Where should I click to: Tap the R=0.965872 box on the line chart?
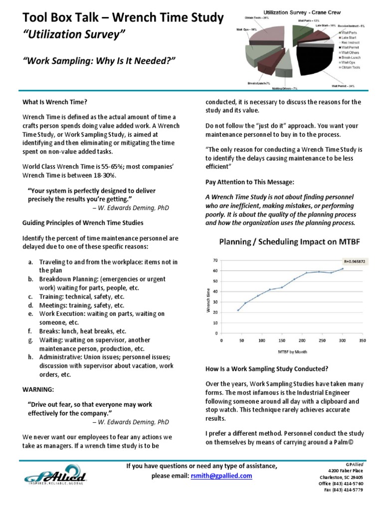[x=354, y=260]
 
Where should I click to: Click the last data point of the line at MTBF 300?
[x=342, y=268]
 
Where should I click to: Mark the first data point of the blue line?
[x=238, y=310]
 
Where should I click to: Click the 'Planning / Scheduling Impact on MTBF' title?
[x=289, y=242]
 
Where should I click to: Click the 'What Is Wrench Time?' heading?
[x=55, y=102]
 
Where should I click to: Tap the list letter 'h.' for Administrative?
[x=30, y=357]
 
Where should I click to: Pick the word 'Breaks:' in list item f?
[x=50, y=331]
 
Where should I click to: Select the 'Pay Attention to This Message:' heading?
[x=249, y=182]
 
